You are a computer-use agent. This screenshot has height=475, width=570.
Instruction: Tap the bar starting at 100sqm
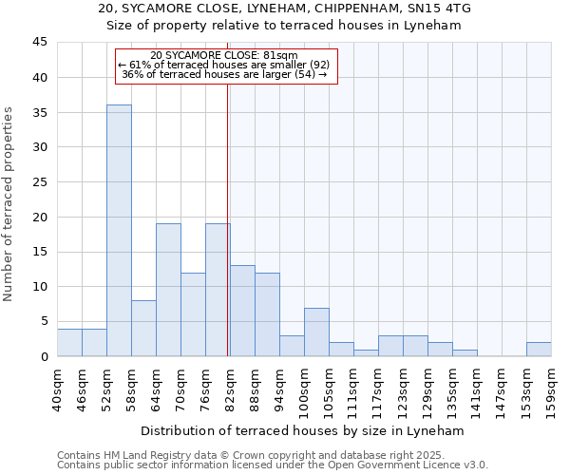[x=316, y=332]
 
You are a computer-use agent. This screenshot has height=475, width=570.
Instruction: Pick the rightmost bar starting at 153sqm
[x=539, y=349]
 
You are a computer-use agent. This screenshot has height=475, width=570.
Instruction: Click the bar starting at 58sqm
[x=143, y=328]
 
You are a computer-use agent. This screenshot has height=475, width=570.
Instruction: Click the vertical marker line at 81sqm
[x=228, y=218]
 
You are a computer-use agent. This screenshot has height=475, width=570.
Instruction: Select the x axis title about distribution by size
[x=304, y=430]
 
